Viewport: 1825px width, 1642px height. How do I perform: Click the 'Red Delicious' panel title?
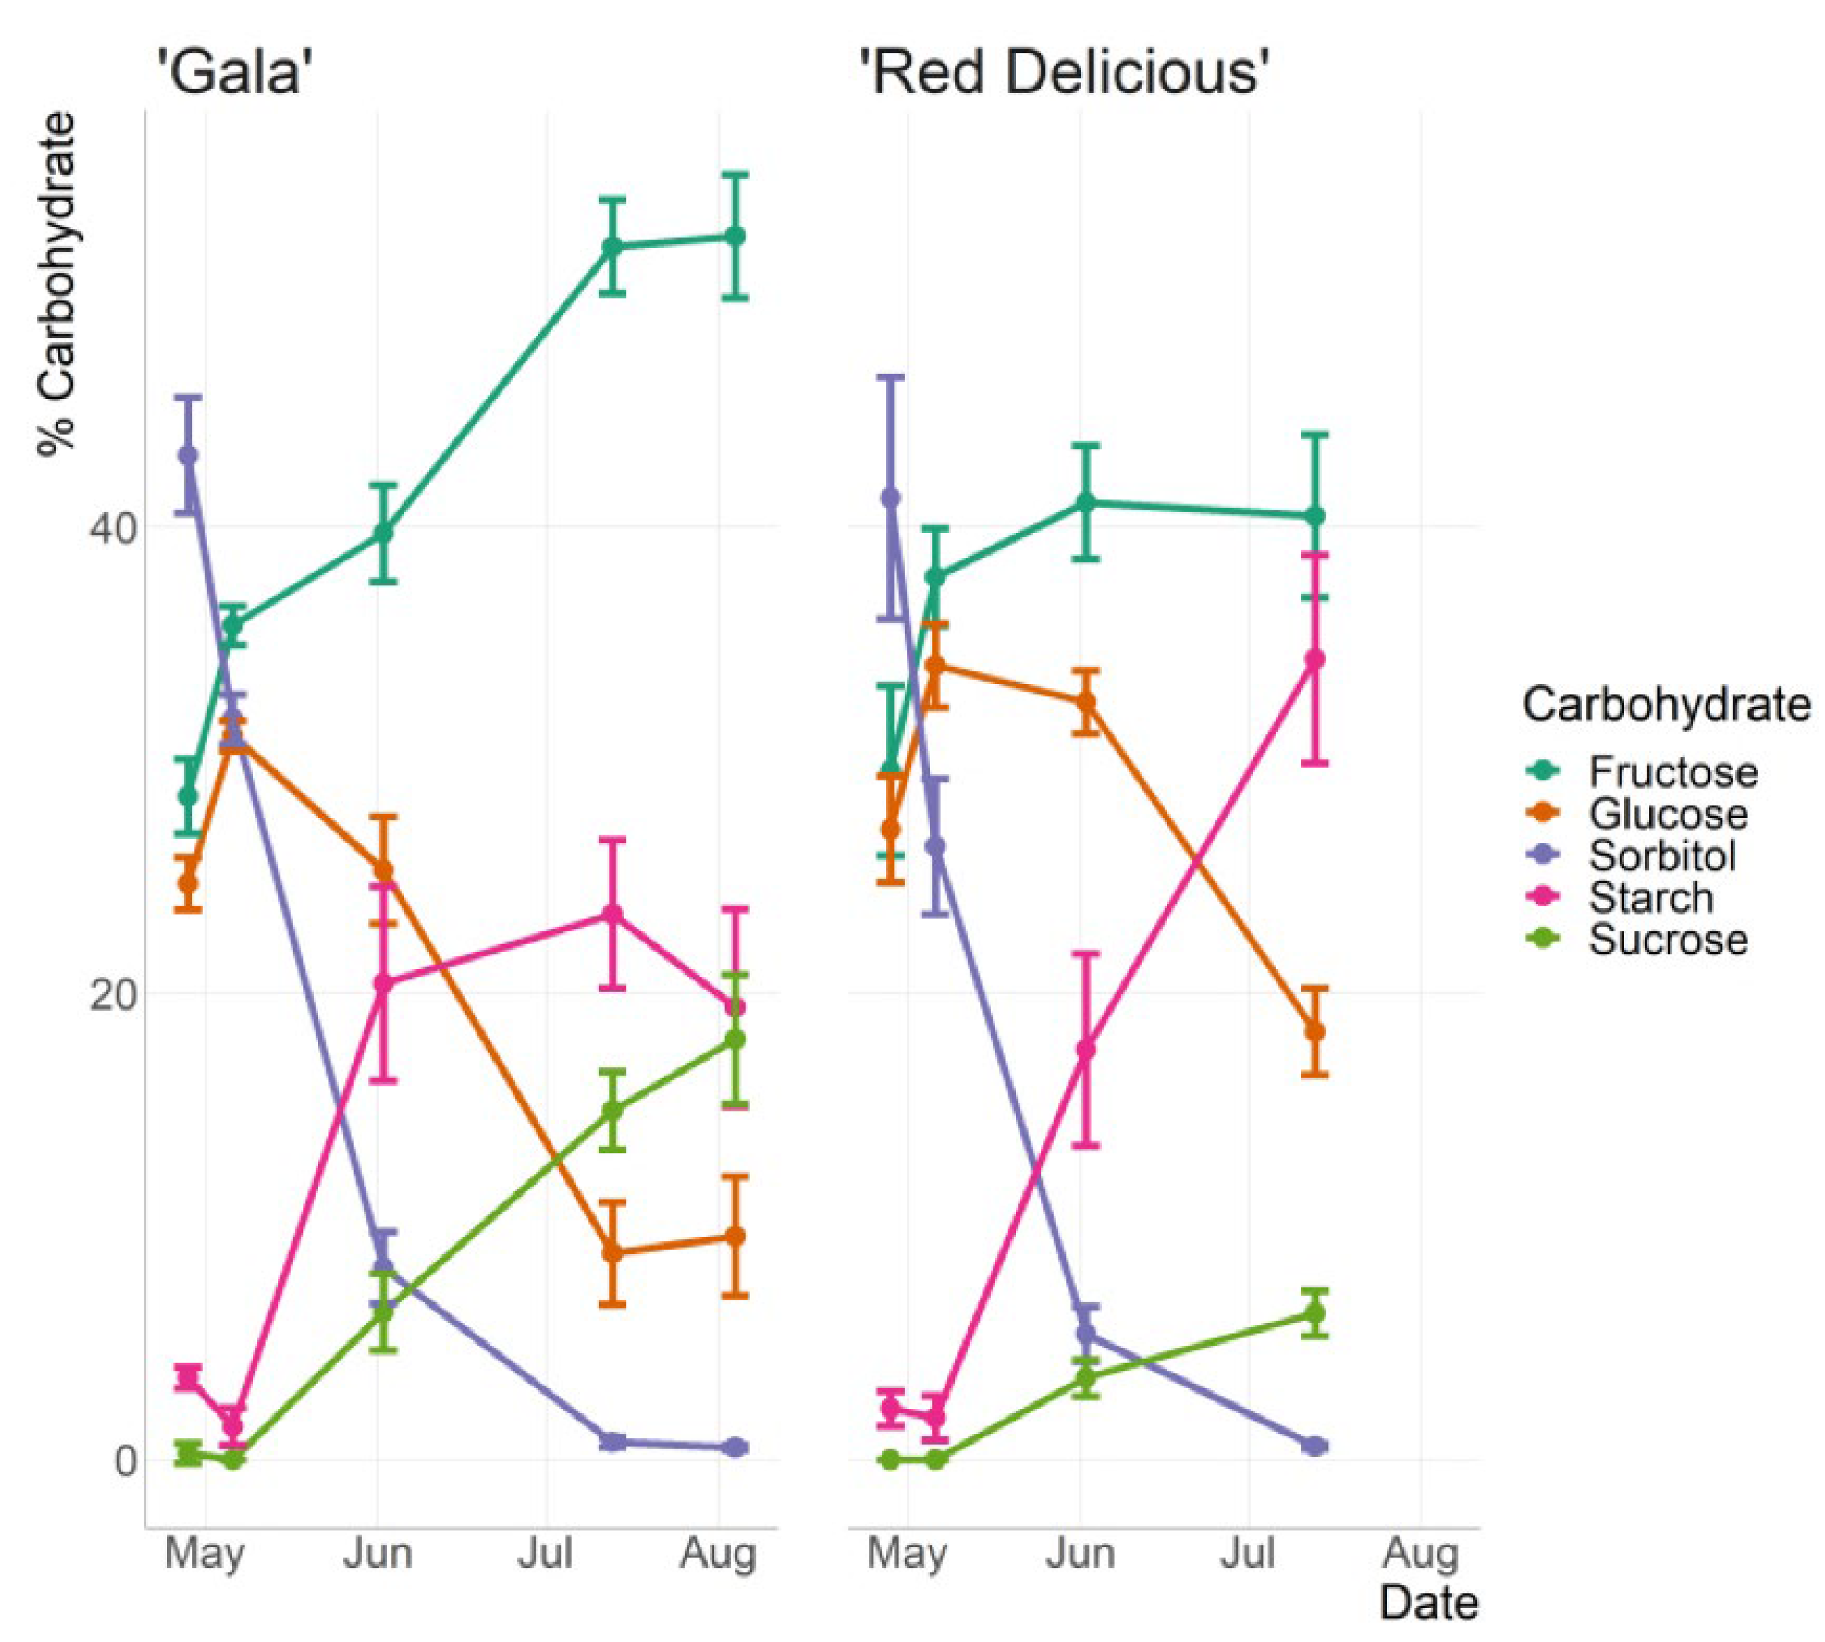click(1065, 72)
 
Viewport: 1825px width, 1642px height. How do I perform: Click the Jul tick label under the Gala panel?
click(545, 1554)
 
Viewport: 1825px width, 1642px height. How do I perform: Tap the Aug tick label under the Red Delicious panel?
click(1421, 1554)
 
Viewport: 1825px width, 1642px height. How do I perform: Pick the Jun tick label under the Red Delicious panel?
click(1079, 1554)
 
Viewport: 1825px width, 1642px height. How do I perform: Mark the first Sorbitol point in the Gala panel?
click(188, 456)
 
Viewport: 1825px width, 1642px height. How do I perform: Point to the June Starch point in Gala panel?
click(384, 983)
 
